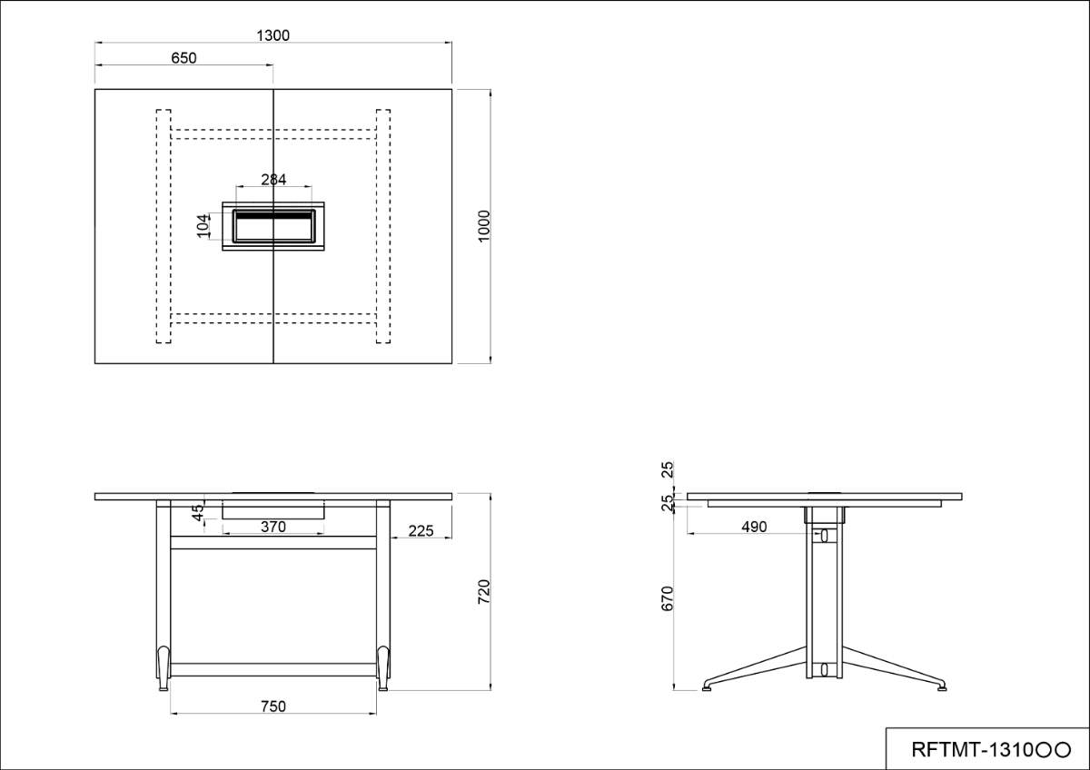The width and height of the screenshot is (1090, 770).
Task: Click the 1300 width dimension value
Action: point(272,35)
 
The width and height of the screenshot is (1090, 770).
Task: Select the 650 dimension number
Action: point(183,58)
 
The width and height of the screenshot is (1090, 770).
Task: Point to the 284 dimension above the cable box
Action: point(273,180)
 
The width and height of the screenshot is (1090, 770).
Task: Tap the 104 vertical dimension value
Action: point(203,226)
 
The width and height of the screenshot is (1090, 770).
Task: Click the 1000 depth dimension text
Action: point(483,226)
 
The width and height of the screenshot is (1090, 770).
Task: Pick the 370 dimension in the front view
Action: point(273,527)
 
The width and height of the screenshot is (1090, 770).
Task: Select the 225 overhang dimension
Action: point(421,530)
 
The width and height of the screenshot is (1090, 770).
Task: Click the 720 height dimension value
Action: point(483,592)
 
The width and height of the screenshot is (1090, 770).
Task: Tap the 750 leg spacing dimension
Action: point(273,706)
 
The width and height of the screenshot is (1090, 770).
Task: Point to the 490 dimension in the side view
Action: point(754,527)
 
